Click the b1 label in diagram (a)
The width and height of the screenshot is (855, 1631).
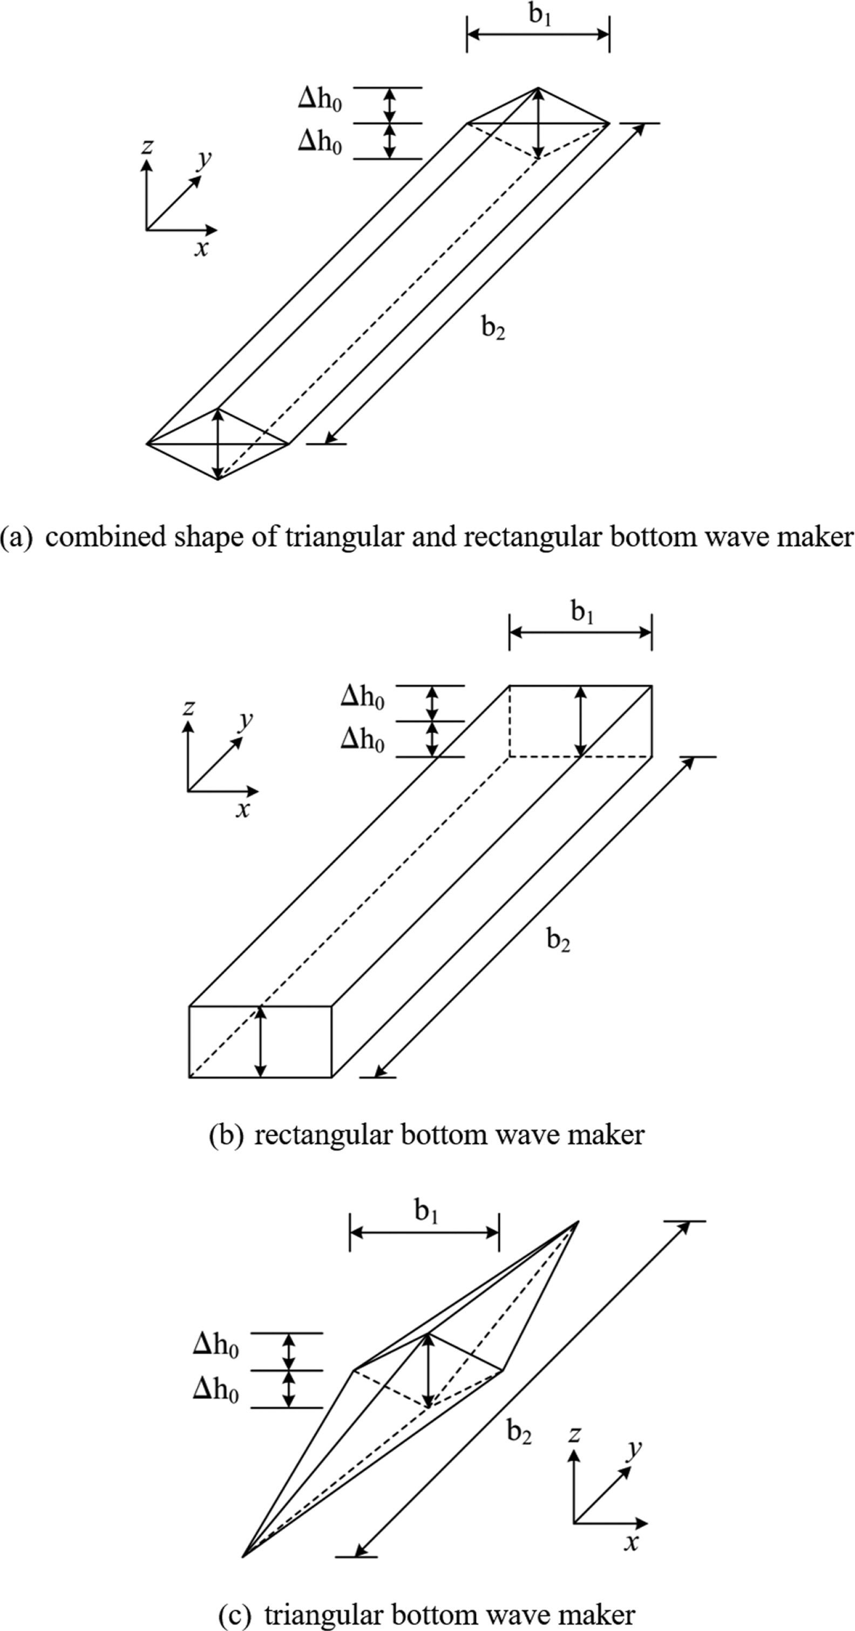pyautogui.click(x=540, y=15)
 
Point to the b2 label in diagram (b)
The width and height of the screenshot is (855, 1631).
pyautogui.click(x=558, y=940)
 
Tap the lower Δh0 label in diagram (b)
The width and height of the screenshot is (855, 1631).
pyautogui.click(x=363, y=739)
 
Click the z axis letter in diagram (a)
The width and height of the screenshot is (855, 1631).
pyautogui.click(x=147, y=146)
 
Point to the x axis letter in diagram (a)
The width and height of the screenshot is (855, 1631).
pyautogui.click(x=201, y=248)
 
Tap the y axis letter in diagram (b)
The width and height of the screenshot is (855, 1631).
pyautogui.click(x=245, y=720)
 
